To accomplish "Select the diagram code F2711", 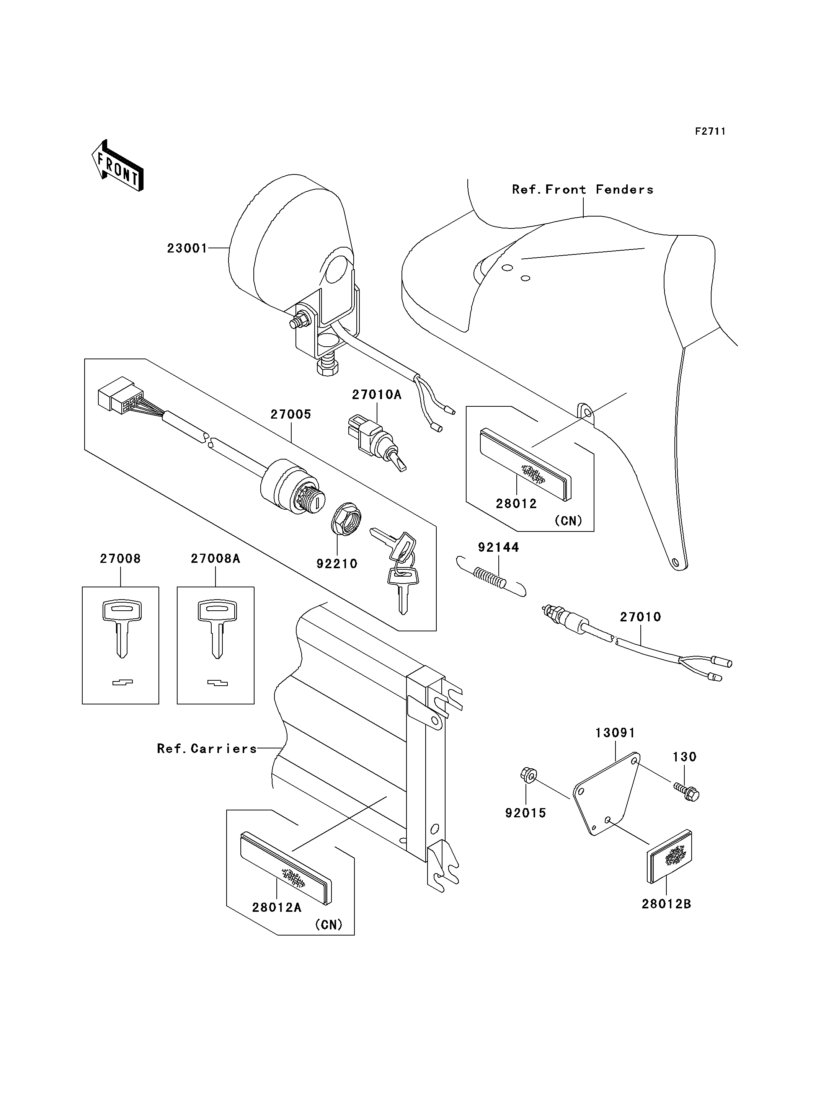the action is (710, 131).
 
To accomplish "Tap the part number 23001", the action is (187, 248).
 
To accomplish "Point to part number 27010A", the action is (377, 394).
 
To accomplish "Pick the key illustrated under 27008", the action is (122, 629).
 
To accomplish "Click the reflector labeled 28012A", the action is (286, 868).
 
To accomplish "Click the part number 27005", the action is (291, 414).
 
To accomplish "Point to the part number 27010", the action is (640, 617).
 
